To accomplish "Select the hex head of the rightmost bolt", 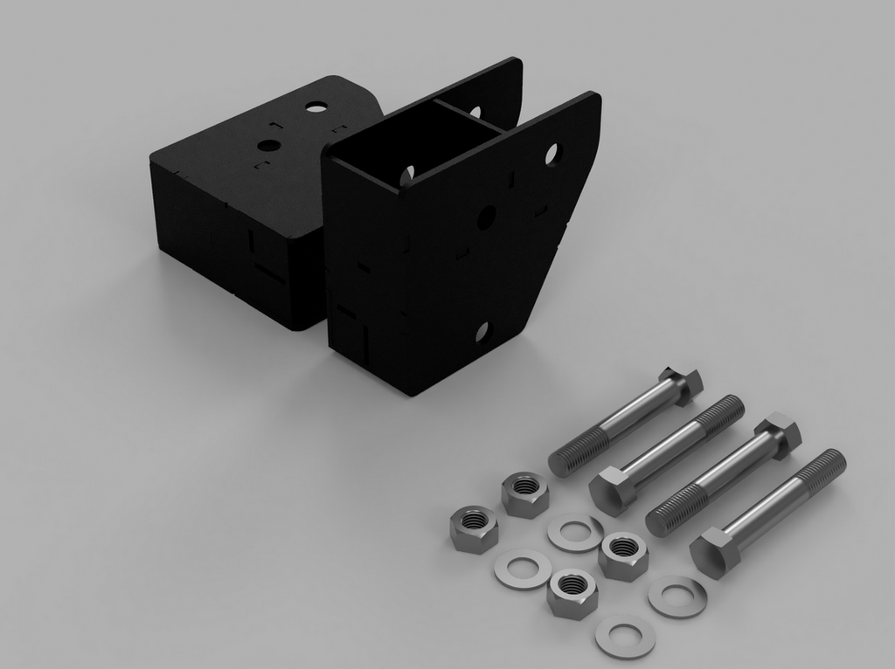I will pos(714,554).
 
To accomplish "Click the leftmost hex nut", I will pos(473,528).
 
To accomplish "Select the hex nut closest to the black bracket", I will pos(524,493).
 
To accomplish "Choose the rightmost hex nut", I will pos(623,556).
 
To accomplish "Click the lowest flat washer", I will pos(625,636).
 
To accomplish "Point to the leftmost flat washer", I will pos(522,569).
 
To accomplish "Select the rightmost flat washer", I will pos(676,597).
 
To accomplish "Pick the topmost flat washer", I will pos(574,532).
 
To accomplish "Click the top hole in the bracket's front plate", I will pos(552,155).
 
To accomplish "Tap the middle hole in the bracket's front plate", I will pos(486,217).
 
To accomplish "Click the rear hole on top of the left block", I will pos(316,107).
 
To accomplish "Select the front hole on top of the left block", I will pos(269,146).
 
